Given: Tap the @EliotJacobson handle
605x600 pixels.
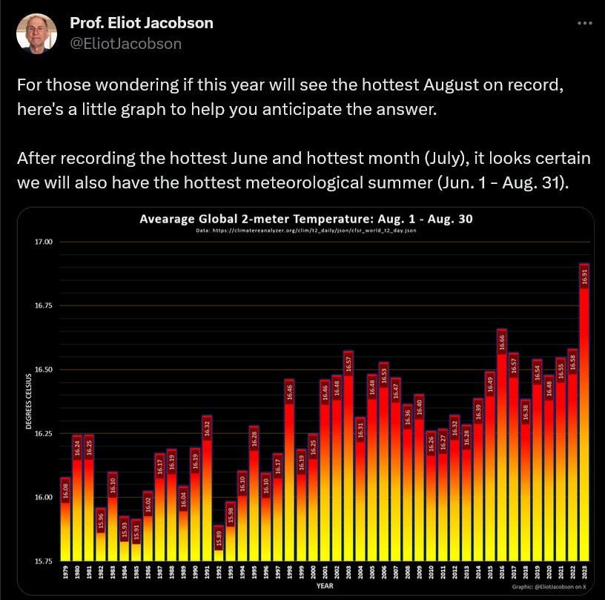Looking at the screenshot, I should pyautogui.click(x=125, y=44).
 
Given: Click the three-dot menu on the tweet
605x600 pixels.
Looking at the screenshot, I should pyautogui.click(x=584, y=23).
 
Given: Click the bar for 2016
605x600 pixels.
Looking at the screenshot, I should pyautogui.click(x=502, y=445).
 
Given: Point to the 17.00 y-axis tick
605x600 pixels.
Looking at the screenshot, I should pyautogui.click(x=43, y=242).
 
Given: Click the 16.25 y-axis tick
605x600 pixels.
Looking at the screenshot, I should pyautogui.click(x=43, y=433).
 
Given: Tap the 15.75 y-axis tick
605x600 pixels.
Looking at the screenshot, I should pyautogui.click(x=43, y=561).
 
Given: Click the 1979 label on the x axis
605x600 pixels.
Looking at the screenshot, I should pyautogui.click(x=65, y=573).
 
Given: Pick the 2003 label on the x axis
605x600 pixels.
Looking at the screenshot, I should pyautogui.click(x=348, y=573).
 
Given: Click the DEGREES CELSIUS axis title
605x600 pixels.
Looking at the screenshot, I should pyautogui.click(x=28, y=401).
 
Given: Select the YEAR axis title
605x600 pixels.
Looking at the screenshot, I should pyautogui.click(x=325, y=586).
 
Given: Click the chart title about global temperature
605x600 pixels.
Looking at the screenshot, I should pyautogui.click(x=306, y=219).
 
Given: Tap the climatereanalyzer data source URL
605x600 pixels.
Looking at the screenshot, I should pyautogui.click(x=306, y=231).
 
